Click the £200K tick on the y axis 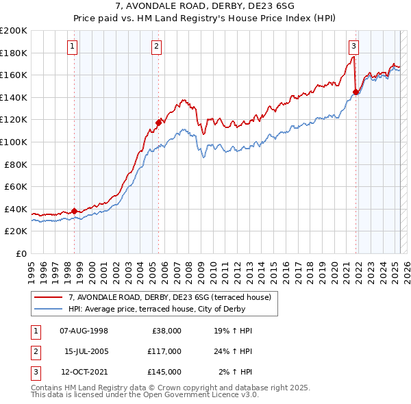[x=14, y=31]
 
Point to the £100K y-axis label [x=14, y=142]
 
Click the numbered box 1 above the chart [x=73, y=47]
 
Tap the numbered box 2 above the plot [x=157, y=47]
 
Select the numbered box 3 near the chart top [x=354, y=47]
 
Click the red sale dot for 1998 [x=74, y=211]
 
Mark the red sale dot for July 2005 [x=158, y=123]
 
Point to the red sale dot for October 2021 [x=356, y=92]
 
